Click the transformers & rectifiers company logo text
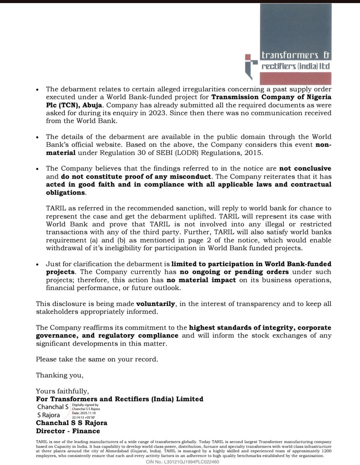[x=296, y=61]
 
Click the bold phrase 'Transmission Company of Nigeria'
[x=271, y=96]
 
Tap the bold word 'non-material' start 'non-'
[x=323, y=145]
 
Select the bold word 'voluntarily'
[x=156, y=303]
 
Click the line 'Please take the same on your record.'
[x=97, y=359]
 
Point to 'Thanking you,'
[x=59, y=375]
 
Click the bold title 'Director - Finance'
[x=68, y=431]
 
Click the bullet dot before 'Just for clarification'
[x=37, y=264]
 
